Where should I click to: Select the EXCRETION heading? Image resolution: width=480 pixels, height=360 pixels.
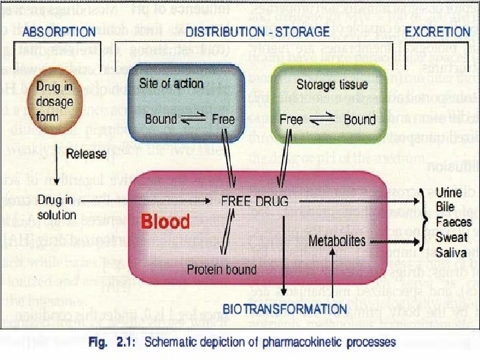coord(437,31)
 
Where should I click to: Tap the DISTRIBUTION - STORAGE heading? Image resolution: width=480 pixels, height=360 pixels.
coord(257,31)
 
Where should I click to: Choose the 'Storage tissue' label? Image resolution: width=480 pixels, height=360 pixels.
coord(332,85)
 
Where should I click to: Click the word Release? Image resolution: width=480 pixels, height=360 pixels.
coord(87,153)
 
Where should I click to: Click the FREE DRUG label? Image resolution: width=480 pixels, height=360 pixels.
coord(255,201)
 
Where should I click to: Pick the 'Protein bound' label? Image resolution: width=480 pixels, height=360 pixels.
coord(222,269)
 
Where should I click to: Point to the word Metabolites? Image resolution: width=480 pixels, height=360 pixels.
coord(337,240)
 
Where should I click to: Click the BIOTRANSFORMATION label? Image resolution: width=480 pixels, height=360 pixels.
coord(285,309)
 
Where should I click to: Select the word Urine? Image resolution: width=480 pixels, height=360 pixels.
coord(449,193)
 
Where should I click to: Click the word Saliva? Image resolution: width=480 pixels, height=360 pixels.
coord(451,253)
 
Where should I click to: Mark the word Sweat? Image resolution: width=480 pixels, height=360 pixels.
coord(452,237)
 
